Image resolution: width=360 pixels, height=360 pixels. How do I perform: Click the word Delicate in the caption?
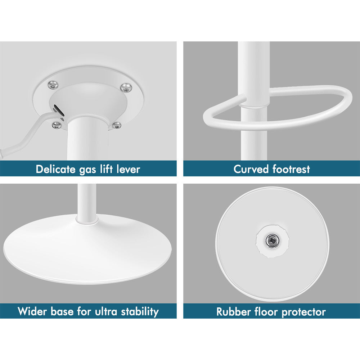[x=56, y=169]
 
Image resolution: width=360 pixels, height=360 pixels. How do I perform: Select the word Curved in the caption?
[x=251, y=169]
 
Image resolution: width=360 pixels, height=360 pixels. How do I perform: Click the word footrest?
[x=291, y=169]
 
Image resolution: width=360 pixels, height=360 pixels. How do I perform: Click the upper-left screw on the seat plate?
[x=53, y=85]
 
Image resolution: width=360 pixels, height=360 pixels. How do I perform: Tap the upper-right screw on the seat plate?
[x=126, y=87]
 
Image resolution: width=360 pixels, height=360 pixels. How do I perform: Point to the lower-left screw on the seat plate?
[x=57, y=125]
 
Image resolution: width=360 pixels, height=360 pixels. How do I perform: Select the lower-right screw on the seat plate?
[x=117, y=125]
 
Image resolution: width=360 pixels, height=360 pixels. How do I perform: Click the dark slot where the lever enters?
[x=59, y=111]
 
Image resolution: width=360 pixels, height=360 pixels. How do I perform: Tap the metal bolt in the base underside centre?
[x=272, y=240]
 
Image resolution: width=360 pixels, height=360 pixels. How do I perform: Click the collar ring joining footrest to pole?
[x=255, y=106]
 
